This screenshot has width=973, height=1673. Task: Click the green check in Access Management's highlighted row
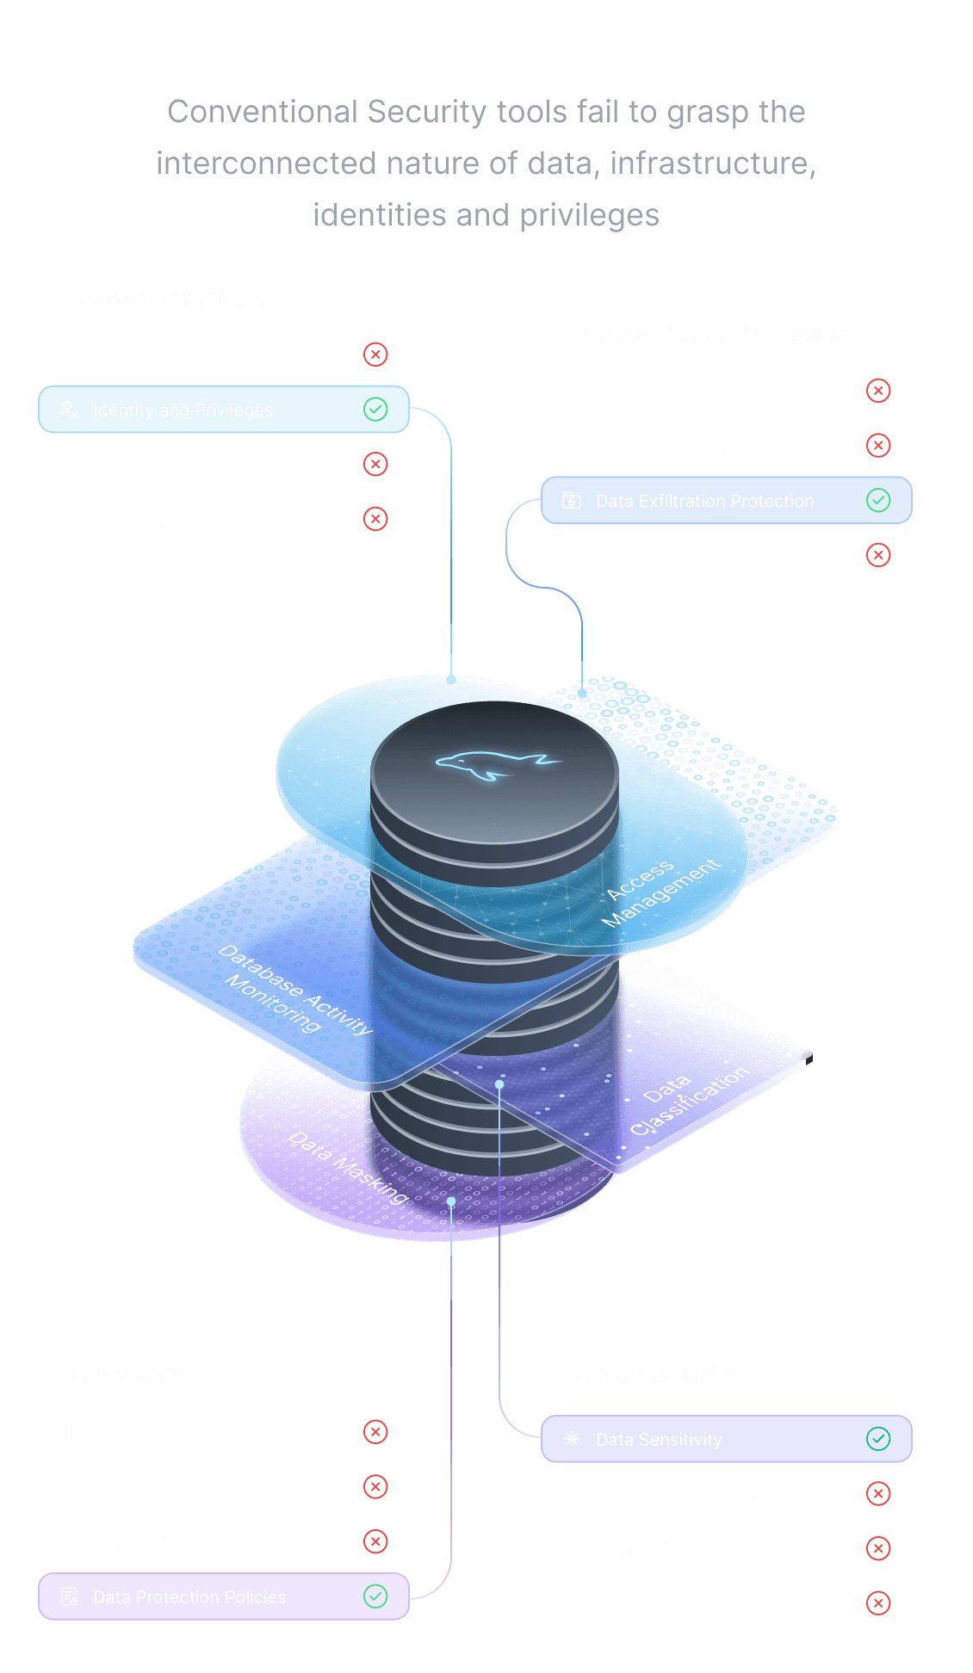pyautogui.click(x=375, y=410)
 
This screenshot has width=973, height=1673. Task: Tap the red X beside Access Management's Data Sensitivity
pyautogui.click(x=375, y=355)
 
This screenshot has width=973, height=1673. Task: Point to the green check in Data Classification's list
pyautogui.click(x=878, y=1438)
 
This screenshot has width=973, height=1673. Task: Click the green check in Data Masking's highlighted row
pyautogui.click(x=375, y=1596)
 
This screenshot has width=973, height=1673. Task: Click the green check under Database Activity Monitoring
pyautogui.click(x=878, y=500)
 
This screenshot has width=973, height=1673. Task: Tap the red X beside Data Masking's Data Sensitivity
pyautogui.click(x=375, y=1432)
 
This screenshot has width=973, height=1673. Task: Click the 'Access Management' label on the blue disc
pyautogui.click(x=660, y=893)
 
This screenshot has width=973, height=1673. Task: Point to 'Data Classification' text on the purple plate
pyautogui.click(x=688, y=1103)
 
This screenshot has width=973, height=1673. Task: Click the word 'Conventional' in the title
pyautogui.click(x=262, y=112)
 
